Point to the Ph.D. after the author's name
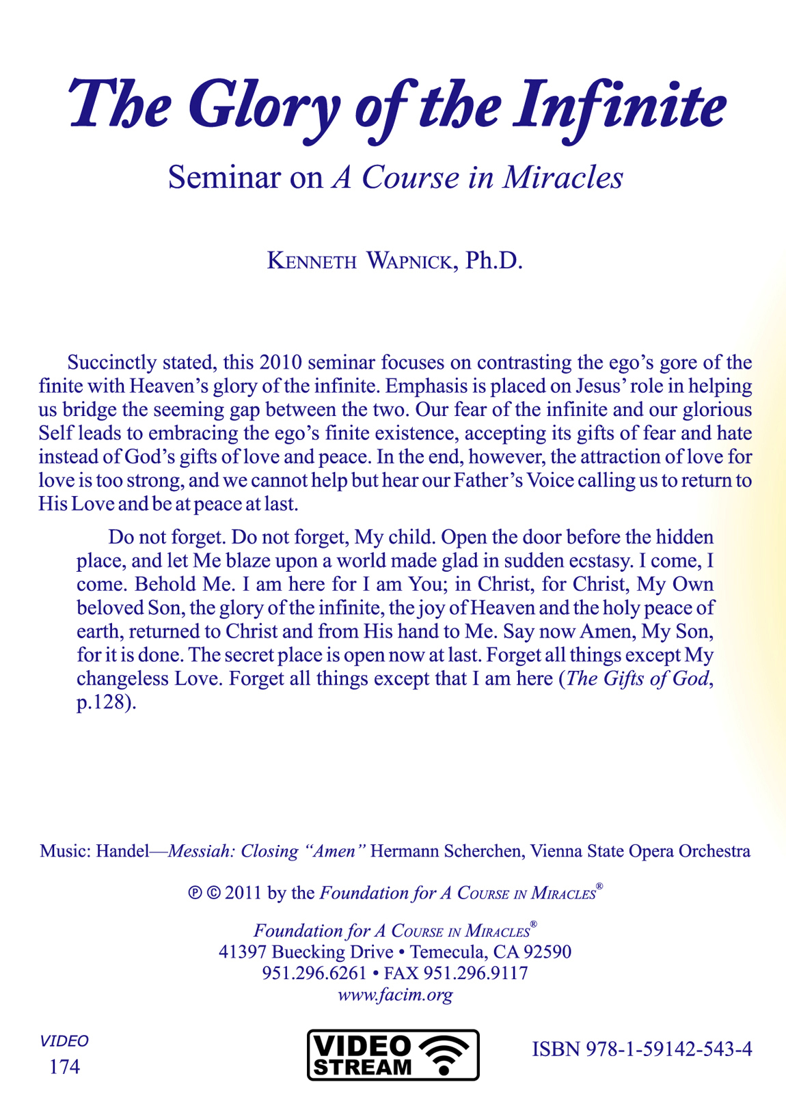tap(493, 261)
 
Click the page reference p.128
tap(103, 702)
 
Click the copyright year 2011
tap(243, 893)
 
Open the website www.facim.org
tap(395, 995)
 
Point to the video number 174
tap(64, 1067)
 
